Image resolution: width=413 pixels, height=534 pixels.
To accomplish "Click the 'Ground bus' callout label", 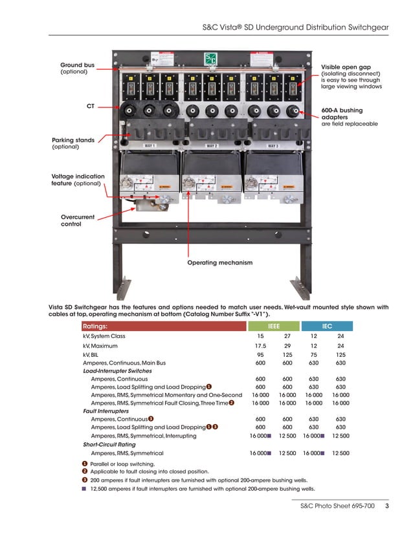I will (x=77, y=65).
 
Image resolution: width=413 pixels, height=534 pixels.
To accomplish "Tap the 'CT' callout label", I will (x=91, y=105).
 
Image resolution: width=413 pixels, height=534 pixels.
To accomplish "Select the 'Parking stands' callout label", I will (x=73, y=140).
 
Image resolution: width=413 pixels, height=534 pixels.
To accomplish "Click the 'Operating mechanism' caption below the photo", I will (x=219, y=262).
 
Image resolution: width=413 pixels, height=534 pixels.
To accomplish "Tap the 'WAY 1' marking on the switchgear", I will (x=150, y=146).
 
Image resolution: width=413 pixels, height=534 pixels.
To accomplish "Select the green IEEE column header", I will (x=274, y=326).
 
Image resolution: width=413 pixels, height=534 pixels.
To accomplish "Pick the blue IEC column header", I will (x=328, y=326).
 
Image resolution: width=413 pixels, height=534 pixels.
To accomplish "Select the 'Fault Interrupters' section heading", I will (x=106, y=411).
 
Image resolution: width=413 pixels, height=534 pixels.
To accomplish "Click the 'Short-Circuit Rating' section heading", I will (x=109, y=444).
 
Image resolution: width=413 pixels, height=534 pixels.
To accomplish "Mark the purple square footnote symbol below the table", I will (x=84, y=489).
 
